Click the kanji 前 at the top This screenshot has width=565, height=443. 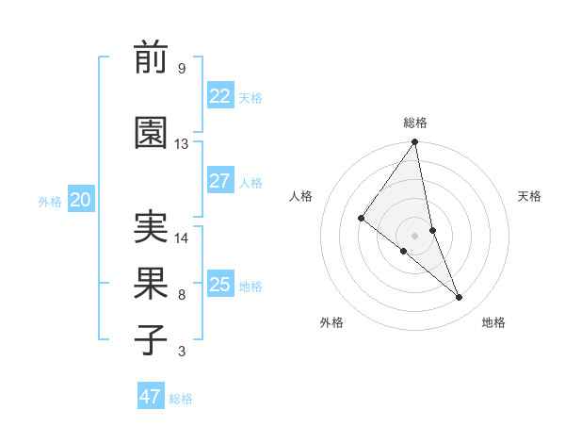pyautogui.click(x=152, y=57)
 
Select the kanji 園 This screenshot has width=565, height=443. pyautogui.click(x=152, y=133)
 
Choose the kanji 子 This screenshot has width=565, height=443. pyautogui.click(x=152, y=340)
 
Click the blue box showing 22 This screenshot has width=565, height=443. pyautogui.click(x=219, y=96)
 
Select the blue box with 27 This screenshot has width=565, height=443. pyautogui.click(x=219, y=181)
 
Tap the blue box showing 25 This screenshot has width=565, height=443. pyautogui.click(x=219, y=285)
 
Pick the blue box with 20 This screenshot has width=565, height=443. pyautogui.click(x=80, y=200)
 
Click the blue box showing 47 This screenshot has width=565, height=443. pyautogui.click(x=150, y=397)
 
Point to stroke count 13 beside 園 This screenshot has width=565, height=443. pyautogui.click(x=182, y=144)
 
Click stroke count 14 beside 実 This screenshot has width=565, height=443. pyautogui.click(x=182, y=238)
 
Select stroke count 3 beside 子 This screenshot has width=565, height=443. pyautogui.click(x=182, y=353)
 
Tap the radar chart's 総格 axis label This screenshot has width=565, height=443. pyautogui.click(x=415, y=123)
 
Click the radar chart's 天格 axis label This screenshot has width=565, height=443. pyautogui.click(x=530, y=196)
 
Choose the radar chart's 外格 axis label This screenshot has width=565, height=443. pyautogui.click(x=331, y=323)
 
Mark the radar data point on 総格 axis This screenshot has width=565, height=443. pyautogui.click(x=414, y=143)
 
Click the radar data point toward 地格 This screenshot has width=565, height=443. pyautogui.click(x=460, y=298)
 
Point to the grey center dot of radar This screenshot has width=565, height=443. pyautogui.click(x=414, y=235)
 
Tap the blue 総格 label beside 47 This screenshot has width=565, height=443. pyautogui.click(x=181, y=399)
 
